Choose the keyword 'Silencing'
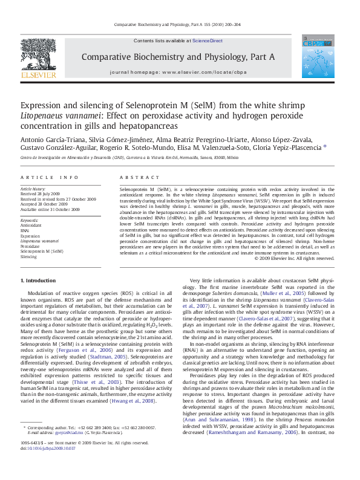(x=29, y=256)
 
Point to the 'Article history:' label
(x=34, y=189)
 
